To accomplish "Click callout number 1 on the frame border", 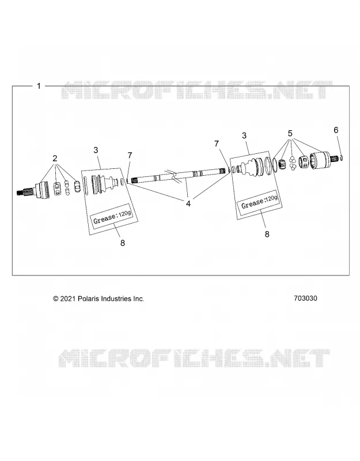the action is (x=39, y=86).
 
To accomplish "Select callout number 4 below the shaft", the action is (x=188, y=203).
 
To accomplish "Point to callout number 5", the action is (x=290, y=134).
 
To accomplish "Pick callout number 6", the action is (x=336, y=130).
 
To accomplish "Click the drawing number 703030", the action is (x=305, y=298).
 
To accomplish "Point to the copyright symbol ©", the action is (x=55, y=298).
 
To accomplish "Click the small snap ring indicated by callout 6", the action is (x=342, y=158).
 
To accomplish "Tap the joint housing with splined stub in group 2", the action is (x=32, y=191).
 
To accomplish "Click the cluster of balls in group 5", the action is (x=292, y=163).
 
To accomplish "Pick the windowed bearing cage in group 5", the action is (x=304, y=162).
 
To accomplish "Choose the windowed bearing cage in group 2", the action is (x=57, y=188).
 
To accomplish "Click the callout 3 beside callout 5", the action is (x=244, y=136).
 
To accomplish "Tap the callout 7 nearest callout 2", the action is (x=130, y=155).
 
